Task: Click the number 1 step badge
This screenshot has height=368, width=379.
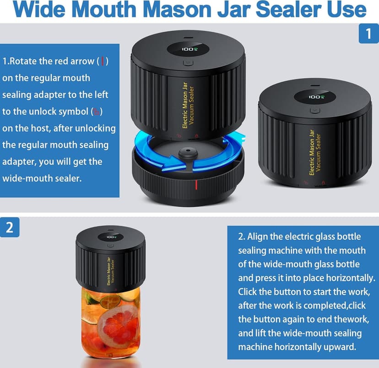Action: click(368, 33)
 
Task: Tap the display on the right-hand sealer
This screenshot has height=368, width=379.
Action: click(315, 97)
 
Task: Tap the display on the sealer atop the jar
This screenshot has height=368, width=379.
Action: click(111, 237)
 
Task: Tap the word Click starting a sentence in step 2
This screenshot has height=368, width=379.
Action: click(248, 291)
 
